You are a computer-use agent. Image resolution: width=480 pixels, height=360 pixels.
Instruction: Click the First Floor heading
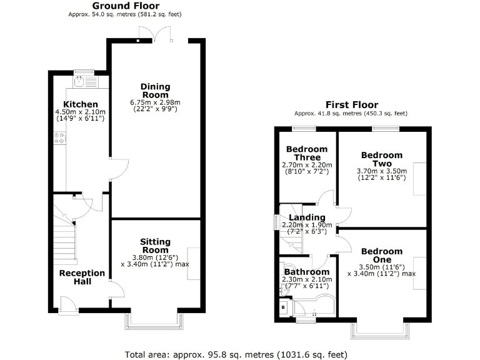352,105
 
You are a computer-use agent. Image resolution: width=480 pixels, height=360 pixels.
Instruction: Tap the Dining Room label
154,91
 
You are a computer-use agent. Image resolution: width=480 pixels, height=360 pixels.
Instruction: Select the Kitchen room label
80,104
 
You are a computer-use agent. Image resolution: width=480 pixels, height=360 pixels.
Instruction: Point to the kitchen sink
79,81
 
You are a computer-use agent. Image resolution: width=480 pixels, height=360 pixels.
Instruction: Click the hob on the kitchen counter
61,137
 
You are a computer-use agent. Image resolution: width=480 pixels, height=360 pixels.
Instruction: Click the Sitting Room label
154,245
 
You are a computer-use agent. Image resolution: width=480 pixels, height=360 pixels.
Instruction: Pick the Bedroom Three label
307,153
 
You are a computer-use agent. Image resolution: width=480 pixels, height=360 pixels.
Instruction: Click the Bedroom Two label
381,159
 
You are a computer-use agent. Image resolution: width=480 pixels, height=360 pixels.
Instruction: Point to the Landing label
302,217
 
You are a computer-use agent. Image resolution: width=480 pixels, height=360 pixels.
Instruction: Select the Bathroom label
306,272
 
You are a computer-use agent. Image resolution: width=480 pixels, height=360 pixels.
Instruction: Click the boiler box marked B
284,307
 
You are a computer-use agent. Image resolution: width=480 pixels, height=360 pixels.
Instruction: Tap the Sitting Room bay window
154,321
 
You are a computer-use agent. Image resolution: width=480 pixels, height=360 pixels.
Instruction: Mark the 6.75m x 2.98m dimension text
154,102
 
